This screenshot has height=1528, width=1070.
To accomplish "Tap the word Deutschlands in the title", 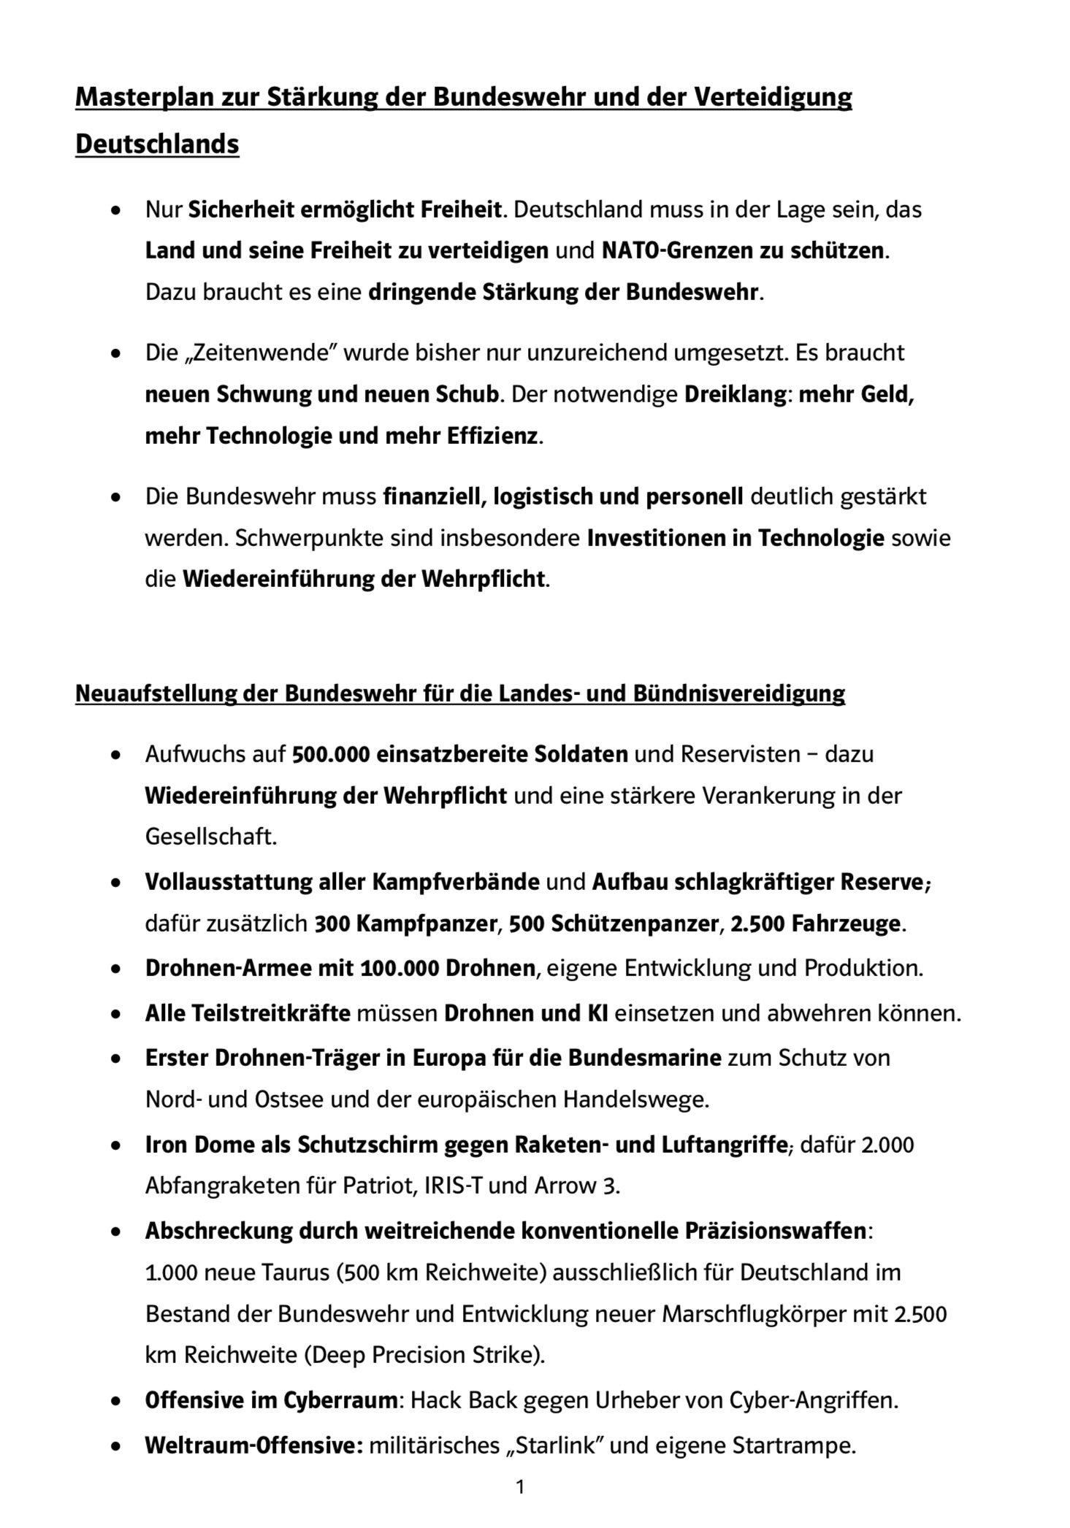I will pos(157,144).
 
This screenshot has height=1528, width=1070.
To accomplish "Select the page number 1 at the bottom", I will pos(520,1486).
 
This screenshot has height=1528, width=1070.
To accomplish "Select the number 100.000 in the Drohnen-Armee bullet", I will pos(400,968).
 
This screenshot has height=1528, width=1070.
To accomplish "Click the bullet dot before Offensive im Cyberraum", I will pos(115,1402).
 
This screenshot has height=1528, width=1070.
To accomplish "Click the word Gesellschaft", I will pos(210,836).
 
